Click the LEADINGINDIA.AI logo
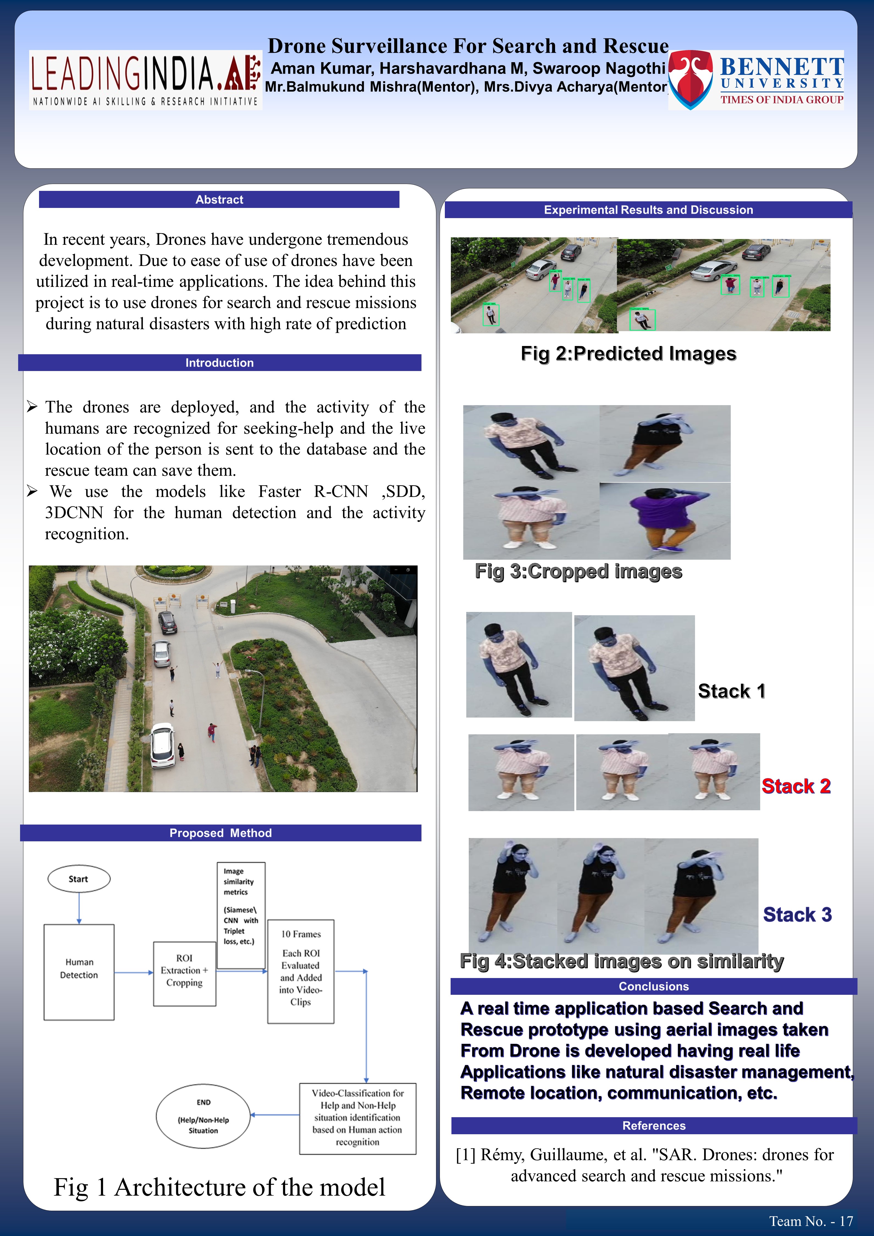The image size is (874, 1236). coord(145,80)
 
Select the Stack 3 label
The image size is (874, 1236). coord(797,914)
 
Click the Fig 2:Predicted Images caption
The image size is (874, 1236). coord(628,354)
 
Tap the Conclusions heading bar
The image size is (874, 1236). coord(653,986)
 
